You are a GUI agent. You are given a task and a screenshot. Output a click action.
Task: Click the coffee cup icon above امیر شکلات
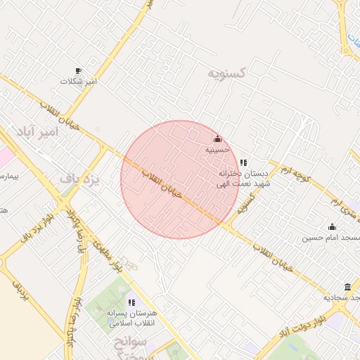pyautogui.click(x=78, y=71)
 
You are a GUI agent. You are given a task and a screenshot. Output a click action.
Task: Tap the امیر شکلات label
pyautogui.click(x=78, y=82)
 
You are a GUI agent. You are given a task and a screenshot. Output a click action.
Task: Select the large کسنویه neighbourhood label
pyautogui.click(x=227, y=73)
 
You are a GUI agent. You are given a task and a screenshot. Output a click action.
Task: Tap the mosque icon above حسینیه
pyautogui.click(x=217, y=139)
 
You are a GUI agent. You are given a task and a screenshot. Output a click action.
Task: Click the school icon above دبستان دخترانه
pyautogui.click(x=243, y=162)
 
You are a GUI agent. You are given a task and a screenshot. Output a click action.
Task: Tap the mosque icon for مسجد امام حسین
pyautogui.click(x=332, y=226)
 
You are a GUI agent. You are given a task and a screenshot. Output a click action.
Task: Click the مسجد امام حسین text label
pyautogui.click(x=332, y=238)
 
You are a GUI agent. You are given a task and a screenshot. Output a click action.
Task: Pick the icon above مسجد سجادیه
pyautogui.click(x=347, y=287)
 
